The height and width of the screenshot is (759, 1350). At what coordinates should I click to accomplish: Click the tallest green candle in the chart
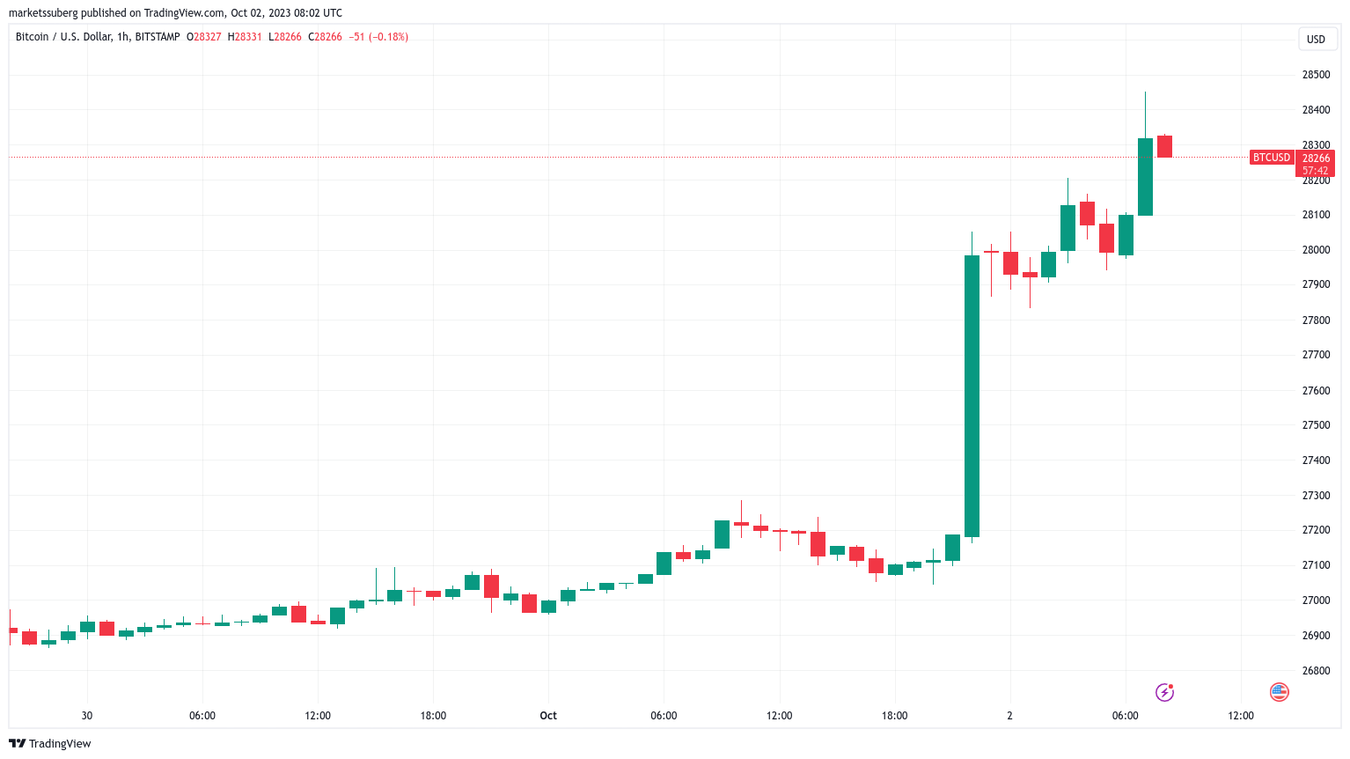[x=972, y=396]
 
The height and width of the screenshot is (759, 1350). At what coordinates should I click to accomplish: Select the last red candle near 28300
[x=1164, y=146]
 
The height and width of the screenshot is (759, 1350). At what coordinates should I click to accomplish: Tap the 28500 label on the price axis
[x=1316, y=75]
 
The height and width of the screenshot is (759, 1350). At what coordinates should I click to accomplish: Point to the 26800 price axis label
[x=1316, y=671]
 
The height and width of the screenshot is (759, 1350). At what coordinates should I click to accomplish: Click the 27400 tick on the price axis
[x=1316, y=461]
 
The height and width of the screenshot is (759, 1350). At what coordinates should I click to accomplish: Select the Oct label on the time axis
[x=548, y=716]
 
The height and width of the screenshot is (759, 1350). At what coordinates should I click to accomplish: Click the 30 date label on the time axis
[x=86, y=716]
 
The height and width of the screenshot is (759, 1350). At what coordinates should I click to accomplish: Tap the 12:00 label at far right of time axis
[x=1241, y=716]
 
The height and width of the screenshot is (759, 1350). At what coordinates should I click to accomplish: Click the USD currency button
[x=1316, y=39]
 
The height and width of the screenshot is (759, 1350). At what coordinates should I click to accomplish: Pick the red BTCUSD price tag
[x=1272, y=158]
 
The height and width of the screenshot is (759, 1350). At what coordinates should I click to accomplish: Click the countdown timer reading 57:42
[x=1315, y=171]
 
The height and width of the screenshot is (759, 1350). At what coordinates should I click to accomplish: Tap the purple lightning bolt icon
[x=1164, y=692]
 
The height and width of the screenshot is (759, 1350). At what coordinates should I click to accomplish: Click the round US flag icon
[x=1280, y=692]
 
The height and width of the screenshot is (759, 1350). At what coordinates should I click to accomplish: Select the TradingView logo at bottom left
[x=50, y=744]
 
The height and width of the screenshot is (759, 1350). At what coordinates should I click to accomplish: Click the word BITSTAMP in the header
[x=158, y=37]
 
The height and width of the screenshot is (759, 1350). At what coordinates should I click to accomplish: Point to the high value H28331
[x=245, y=37]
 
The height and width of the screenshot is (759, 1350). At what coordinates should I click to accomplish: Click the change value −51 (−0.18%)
[x=378, y=37]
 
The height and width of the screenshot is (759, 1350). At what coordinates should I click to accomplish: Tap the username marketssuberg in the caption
[x=43, y=13]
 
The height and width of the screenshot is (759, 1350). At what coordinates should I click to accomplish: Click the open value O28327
[x=204, y=37]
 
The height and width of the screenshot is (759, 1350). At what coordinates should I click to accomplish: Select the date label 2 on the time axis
[x=1009, y=716]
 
